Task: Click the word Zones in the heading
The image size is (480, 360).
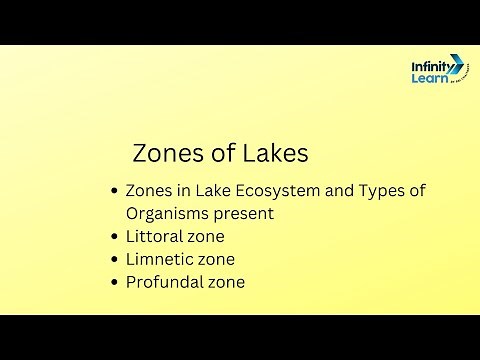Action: (x=166, y=154)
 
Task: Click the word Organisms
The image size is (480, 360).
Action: (x=170, y=214)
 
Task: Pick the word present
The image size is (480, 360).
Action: (x=247, y=214)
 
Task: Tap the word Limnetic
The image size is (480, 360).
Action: (x=160, y=260)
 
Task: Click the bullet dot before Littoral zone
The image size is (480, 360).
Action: (x=114, y=238)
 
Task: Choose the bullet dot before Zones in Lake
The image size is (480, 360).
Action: (x=114, y=191)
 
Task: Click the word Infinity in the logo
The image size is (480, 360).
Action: (x=432, y=66)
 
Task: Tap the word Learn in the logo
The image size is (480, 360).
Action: (x=430, y=80)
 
